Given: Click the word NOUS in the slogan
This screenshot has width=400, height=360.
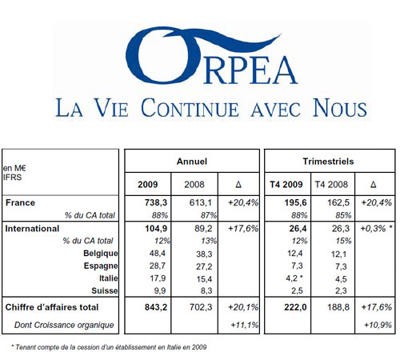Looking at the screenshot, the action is pyautogui.click(x=340, y=108).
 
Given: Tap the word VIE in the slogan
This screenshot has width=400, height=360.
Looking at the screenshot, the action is pyautogui.click(x=111, y=108).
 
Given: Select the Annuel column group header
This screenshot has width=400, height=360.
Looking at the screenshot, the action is pyautogui.click(x=192, y=162).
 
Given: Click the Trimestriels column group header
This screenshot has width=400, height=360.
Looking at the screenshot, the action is pyautogui.click(x=328, y=162).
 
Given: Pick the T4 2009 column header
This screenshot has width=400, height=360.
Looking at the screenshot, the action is pyautogui.click(x=286, y=184).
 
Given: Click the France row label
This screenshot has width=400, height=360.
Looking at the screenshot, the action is pyautogui.click(x=20, y=202).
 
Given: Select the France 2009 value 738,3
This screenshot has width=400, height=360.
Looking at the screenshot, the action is pyautogui.click(x=156, y=202).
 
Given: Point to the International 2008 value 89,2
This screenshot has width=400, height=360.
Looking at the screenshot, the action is pyautogui.click(x=203, y=229).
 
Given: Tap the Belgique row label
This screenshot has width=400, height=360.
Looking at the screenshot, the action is pyautogui.click(x=101, y=254).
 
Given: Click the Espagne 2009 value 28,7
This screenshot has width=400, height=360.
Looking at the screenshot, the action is pyautogui.click(x=158, y=266).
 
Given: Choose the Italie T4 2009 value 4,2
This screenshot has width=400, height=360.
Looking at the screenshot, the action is pyautogui.click(x=291, y=278).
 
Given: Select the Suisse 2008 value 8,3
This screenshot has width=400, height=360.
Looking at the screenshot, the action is pyautogui.click(x=206, y=290).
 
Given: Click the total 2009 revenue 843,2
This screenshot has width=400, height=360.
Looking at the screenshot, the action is pyautogui.click(x=156, y=307).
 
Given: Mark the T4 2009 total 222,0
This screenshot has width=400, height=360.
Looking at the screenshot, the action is pyautogui.click(x=295, y=307).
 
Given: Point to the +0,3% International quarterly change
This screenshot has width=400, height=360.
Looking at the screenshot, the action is pyautogui.click(x=373, y=229).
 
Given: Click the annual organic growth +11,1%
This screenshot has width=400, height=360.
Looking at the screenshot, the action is pyautogui.click(x=245, y=325).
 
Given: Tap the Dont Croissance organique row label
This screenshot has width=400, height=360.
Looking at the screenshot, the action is pyautogui.click(x=64, y=325).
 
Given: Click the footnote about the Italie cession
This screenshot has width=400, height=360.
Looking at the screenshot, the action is pyautogui.click(x=109, y=347).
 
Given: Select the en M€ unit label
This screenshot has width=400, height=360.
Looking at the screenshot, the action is pyautogui.click(x=14, y=168).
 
